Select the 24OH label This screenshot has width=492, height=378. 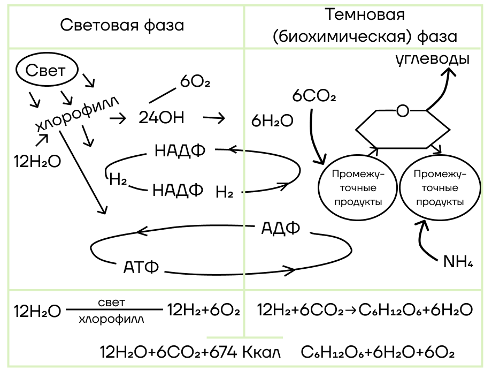click(162, 118)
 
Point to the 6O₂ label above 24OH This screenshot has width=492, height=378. click(195, 82)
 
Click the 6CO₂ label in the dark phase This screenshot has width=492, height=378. click(314, 95)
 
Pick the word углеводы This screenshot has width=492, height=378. click(433, 59)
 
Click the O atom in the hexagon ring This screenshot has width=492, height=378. click(403, 111)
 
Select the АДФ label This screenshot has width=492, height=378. click(281, 228)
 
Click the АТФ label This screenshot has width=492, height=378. click(141, 267)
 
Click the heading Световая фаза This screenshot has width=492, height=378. click(122, 25)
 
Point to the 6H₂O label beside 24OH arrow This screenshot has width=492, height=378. click(272, 120)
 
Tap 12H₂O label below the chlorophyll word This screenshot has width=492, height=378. click(37, 162)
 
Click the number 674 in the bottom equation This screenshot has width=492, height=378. click(223, 352)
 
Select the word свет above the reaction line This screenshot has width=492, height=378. click(112, 303)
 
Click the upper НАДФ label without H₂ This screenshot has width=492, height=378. click(180, 150)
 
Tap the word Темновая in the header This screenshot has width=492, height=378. click(365, 14)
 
